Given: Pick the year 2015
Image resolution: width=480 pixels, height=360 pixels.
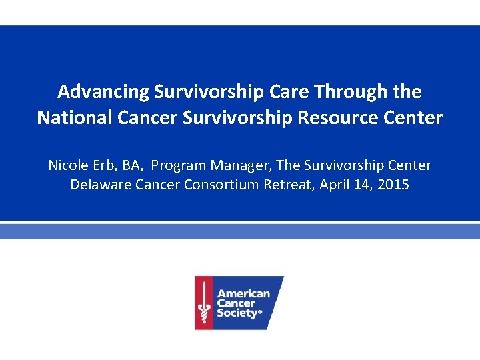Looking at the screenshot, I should pos(393,185).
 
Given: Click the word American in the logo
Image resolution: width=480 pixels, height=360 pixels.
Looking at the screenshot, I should pos(243,293).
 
